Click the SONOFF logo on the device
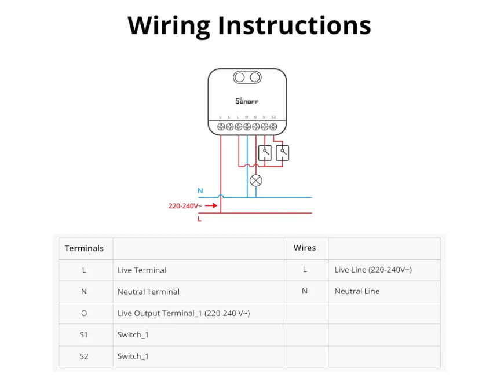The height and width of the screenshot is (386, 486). tap(247, 101)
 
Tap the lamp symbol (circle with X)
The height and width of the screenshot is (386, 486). tap(255, 181)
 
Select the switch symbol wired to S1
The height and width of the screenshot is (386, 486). tap(265, 153)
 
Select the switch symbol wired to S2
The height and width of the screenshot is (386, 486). tap(282, 153)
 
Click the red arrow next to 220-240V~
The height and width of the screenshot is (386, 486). tap(211, 205)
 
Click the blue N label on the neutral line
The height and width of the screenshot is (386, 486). tap(200, 190)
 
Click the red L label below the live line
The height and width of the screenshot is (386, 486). tap(199, 219)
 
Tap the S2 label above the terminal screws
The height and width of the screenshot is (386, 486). tap(273, 117)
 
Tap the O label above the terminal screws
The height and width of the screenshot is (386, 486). tap(255, 117)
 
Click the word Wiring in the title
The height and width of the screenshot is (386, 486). tap(169, 25)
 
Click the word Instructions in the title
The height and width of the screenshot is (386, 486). tap(294, 25)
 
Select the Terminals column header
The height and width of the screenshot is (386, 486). tap(84, 248)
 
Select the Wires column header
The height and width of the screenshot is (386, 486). tap(305, 248)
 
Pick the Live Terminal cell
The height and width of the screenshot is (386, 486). tap(142, 270)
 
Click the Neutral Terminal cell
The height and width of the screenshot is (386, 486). tap(148, 292)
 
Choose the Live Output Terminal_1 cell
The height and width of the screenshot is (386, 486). tap(183, 313)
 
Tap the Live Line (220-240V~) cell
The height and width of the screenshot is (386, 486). tap(373, 270)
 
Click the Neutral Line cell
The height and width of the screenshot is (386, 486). tap(357, 291)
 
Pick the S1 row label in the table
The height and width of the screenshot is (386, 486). tap(84, 334)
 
